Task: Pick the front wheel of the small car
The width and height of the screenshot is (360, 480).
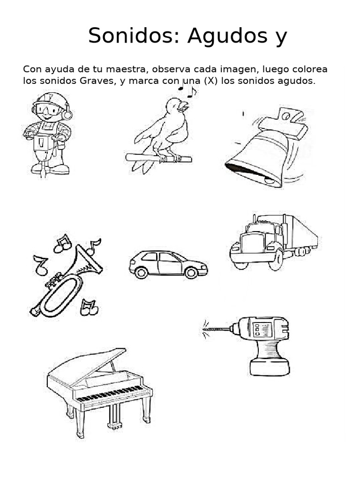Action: (191, 272)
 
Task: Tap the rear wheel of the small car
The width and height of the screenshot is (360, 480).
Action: (140, 272)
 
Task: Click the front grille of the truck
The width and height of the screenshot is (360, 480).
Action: (247, 243)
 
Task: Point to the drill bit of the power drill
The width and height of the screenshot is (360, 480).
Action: (217, 330)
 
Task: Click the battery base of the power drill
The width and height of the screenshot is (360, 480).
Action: (270, 367)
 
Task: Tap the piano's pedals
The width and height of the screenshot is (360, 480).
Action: (114, 425)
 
